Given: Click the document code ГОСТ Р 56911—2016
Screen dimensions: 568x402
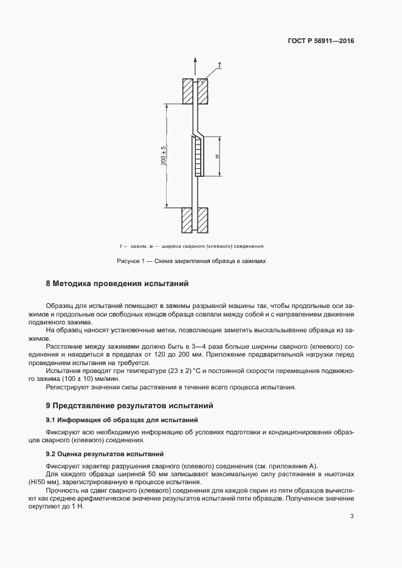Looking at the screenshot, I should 321,42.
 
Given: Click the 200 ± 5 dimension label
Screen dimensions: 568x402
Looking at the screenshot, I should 164,157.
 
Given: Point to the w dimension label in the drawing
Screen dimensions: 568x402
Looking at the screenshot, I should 217,156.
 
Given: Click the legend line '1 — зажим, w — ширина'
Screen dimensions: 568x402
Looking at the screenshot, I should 191,246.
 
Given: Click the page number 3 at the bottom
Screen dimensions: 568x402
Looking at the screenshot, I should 352,517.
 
